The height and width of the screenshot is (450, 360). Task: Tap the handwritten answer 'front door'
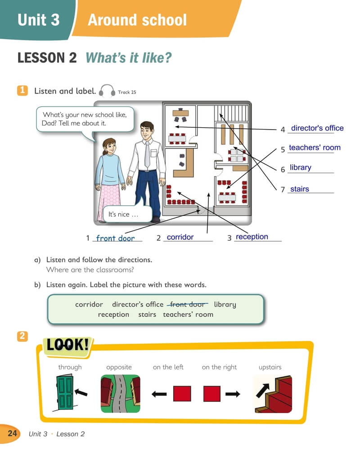coord(115,238)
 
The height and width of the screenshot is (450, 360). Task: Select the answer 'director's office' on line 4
coord(317,128)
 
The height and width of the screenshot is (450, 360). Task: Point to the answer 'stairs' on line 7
coord(300,189)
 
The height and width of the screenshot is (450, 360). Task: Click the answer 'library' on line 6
coord(301,167)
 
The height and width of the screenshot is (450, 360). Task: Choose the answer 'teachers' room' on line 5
coord(315,148)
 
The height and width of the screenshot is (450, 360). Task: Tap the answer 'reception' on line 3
coord(252,237)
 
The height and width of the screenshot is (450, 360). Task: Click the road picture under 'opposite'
coord(120,393)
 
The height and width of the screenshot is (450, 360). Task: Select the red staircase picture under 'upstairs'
coord(274,393)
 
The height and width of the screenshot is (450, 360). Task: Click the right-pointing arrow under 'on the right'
coord(233,394)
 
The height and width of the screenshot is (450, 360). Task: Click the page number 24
coord(12,434)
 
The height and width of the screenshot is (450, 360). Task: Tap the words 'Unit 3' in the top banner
coord(38,20)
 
